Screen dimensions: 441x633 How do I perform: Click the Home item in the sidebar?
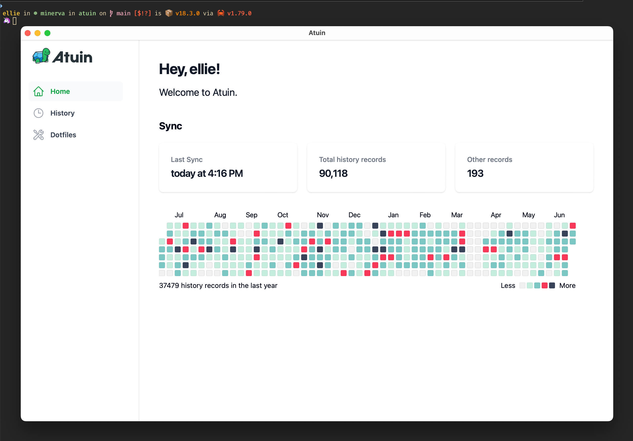(x=60, y=91)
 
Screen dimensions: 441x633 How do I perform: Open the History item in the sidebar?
(x=62, y=113)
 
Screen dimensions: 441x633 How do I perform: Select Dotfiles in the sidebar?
(x=63, y=135)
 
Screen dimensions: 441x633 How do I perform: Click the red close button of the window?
(x=28, y=33)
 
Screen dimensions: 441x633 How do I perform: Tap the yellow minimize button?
(x=38, y=33)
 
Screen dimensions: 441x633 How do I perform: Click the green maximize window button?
(x=47, y=33)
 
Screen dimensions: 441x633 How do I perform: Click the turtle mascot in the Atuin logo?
(x=41, y=56)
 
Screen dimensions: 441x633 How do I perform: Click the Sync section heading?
(x=170, y=126)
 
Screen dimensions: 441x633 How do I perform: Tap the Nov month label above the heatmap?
(x=323, y=215)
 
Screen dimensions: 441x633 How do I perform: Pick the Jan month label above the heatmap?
(x=393, y=215)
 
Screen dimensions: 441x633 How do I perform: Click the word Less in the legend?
(x=508, y=285)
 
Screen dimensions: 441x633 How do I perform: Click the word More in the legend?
(x=567, y=285)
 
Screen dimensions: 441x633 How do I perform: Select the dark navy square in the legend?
(x=552, y=285)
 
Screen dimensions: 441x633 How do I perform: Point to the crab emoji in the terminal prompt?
(x=220, y=13)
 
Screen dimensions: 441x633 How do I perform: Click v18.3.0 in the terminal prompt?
(x=187, y=13)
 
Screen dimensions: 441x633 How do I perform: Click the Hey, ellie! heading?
(x=189, y=69)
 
